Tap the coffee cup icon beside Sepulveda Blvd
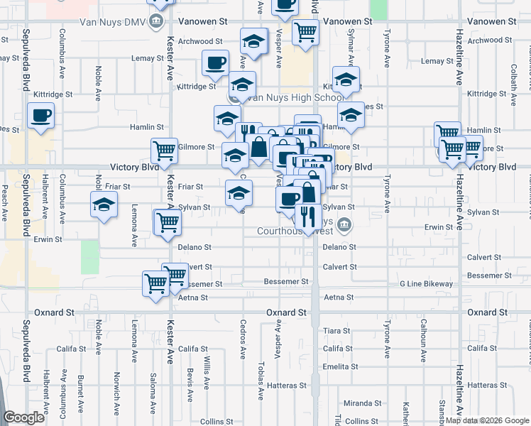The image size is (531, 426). [41, 115]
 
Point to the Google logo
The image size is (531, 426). [23, 418]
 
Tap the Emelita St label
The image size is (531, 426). [338, 367]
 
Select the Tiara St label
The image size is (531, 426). [333, 331]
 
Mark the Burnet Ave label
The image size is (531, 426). [81, 387]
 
